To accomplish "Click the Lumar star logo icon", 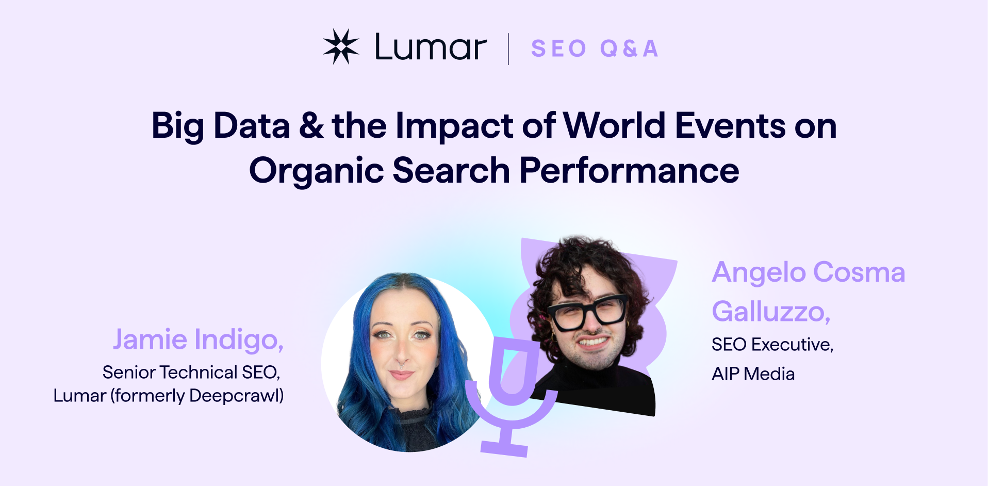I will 341,47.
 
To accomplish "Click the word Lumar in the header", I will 431,47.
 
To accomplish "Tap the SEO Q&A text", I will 595,48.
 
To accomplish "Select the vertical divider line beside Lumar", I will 508,49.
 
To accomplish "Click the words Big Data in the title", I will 221,126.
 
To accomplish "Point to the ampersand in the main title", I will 311,126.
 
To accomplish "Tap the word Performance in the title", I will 629,171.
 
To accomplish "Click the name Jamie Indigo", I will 198,340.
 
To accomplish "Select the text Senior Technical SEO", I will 191,372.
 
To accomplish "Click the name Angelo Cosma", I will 808,272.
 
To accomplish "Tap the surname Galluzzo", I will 770,312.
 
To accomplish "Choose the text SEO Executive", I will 772,345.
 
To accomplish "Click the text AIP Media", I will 753,374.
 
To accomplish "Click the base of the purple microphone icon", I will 504,448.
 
